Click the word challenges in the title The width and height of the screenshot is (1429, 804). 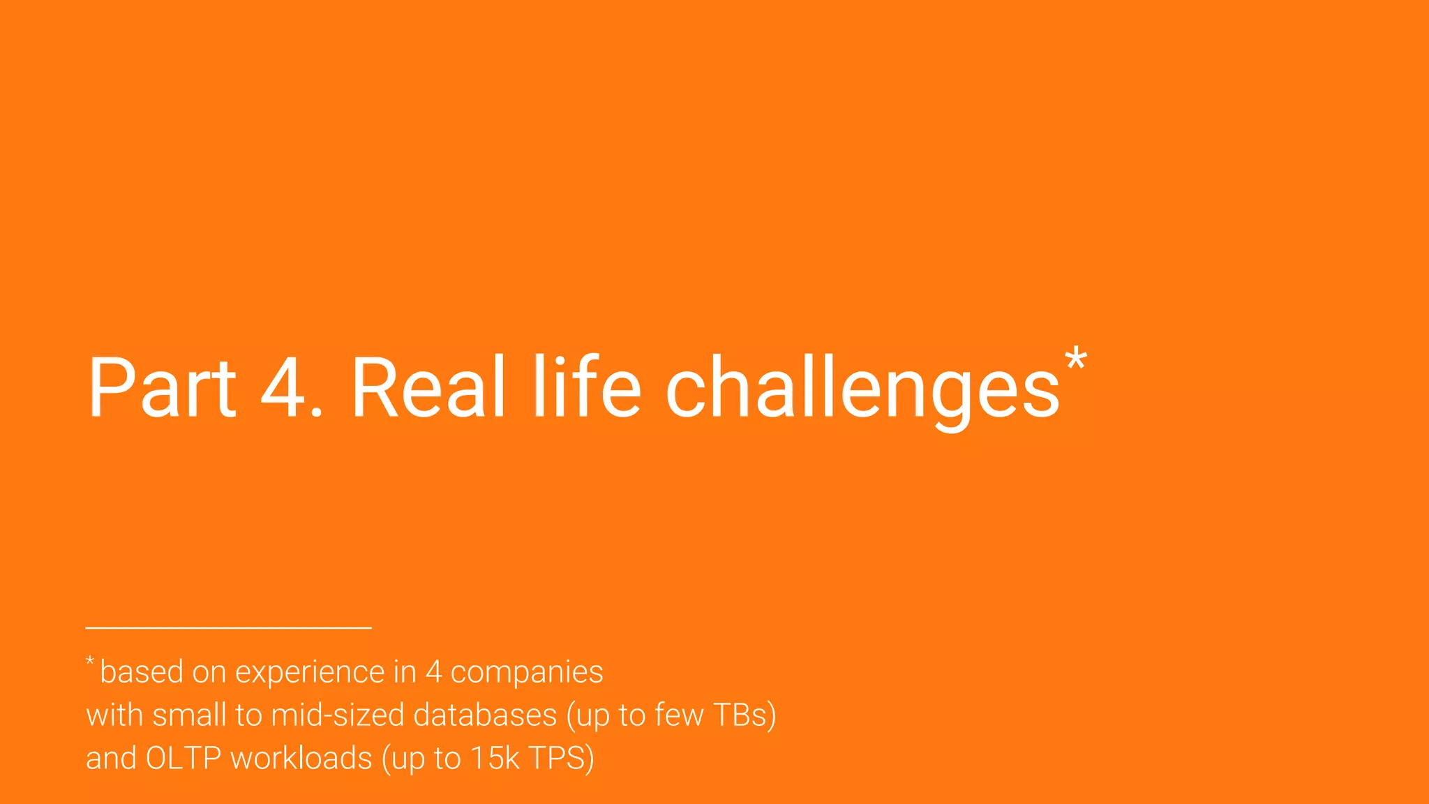click(862, 389)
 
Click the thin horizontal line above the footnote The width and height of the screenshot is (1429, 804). click(228, 628)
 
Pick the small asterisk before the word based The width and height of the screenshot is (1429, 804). click(90, 661)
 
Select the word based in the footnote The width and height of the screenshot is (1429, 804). click(142, 672)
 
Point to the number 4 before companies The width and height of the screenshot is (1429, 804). click(433, 672)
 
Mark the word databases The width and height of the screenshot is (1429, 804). click(485, 715)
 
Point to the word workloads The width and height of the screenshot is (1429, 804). click(301, 759)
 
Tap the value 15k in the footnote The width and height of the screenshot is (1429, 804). click(495, 759)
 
